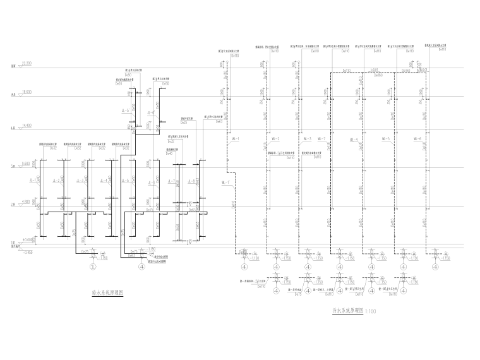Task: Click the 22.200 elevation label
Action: point(27,64)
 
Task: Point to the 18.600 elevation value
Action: point(27,92)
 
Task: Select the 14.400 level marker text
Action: point(27,126)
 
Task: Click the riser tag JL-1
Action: point(32,181)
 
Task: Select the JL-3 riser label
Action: point(80,181)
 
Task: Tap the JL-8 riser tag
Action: point(189,181)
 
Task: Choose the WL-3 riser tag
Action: point(307,139)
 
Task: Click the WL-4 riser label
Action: point(353,139)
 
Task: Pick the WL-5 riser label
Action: point(385,139)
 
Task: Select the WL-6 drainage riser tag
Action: point(417,139)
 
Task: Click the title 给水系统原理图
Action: point(107,292)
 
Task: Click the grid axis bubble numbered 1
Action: point(93,267)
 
